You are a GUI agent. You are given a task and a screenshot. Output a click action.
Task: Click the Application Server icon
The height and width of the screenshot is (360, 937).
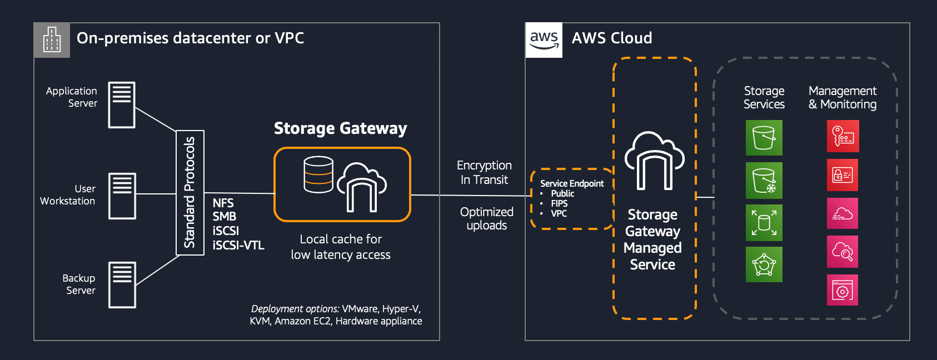pos(122,105)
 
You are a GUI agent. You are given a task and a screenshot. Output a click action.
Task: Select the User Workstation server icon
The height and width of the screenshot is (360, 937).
pos(122,196)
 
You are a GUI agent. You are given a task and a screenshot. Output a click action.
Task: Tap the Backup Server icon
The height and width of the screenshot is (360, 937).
pos(122,284)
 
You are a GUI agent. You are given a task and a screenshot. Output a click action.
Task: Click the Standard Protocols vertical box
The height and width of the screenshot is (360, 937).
pos(190,192)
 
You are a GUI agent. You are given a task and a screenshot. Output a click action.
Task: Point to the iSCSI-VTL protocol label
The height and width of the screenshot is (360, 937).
pos(238,245)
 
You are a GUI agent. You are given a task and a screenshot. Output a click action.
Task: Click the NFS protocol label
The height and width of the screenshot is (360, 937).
pos(223,203)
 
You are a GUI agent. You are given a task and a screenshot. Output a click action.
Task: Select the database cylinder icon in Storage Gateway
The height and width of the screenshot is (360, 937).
pos(318,174)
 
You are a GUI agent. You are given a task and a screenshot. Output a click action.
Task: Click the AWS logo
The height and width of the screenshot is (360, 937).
pos(544,40)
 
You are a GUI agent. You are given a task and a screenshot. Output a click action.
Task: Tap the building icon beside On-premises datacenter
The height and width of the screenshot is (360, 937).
pos(52,40)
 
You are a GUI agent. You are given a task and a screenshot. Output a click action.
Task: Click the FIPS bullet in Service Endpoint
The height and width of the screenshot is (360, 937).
pos(559,203)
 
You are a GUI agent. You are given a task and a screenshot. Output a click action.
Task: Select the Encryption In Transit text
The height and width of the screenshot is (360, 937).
pos(484,172)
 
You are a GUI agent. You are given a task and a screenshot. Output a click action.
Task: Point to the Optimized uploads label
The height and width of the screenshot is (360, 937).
pos(486,218)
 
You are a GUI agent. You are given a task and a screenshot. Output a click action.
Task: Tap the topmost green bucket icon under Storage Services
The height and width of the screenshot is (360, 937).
pos(764,137)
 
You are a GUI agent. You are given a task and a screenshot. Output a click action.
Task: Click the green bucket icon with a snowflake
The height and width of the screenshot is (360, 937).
pos(764,181)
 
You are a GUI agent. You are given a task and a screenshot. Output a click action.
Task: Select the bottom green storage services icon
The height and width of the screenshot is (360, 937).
pos(764,264)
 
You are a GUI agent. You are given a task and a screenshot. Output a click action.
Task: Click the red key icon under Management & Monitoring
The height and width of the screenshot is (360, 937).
pos(843,136)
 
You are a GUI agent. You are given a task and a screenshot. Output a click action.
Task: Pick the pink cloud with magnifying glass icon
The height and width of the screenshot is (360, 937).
pos(843,252)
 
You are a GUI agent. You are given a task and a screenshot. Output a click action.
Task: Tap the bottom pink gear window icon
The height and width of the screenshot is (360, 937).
pos(843,290)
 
